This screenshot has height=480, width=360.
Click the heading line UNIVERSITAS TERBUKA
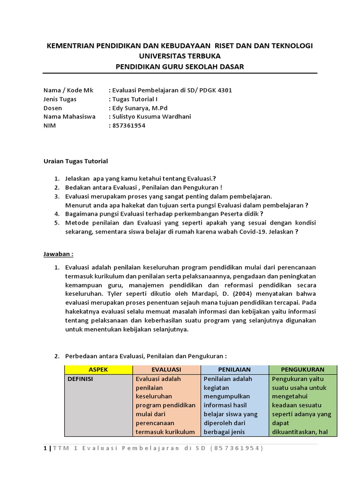[x=180, y=56]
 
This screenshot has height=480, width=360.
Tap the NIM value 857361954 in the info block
[x=128, y=125]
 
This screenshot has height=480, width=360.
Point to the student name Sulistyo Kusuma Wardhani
[x=151, y=117]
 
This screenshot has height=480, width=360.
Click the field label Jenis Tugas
[x=60, y=99]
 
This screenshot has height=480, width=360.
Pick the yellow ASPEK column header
[x=98, y=369]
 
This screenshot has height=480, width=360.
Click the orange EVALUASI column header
[x=166, y=369]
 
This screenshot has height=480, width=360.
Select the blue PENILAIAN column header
[x=234, y=369]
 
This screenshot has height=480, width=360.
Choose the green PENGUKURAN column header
[x=302, y=369]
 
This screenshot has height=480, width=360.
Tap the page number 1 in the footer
[x=45, y=449]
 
